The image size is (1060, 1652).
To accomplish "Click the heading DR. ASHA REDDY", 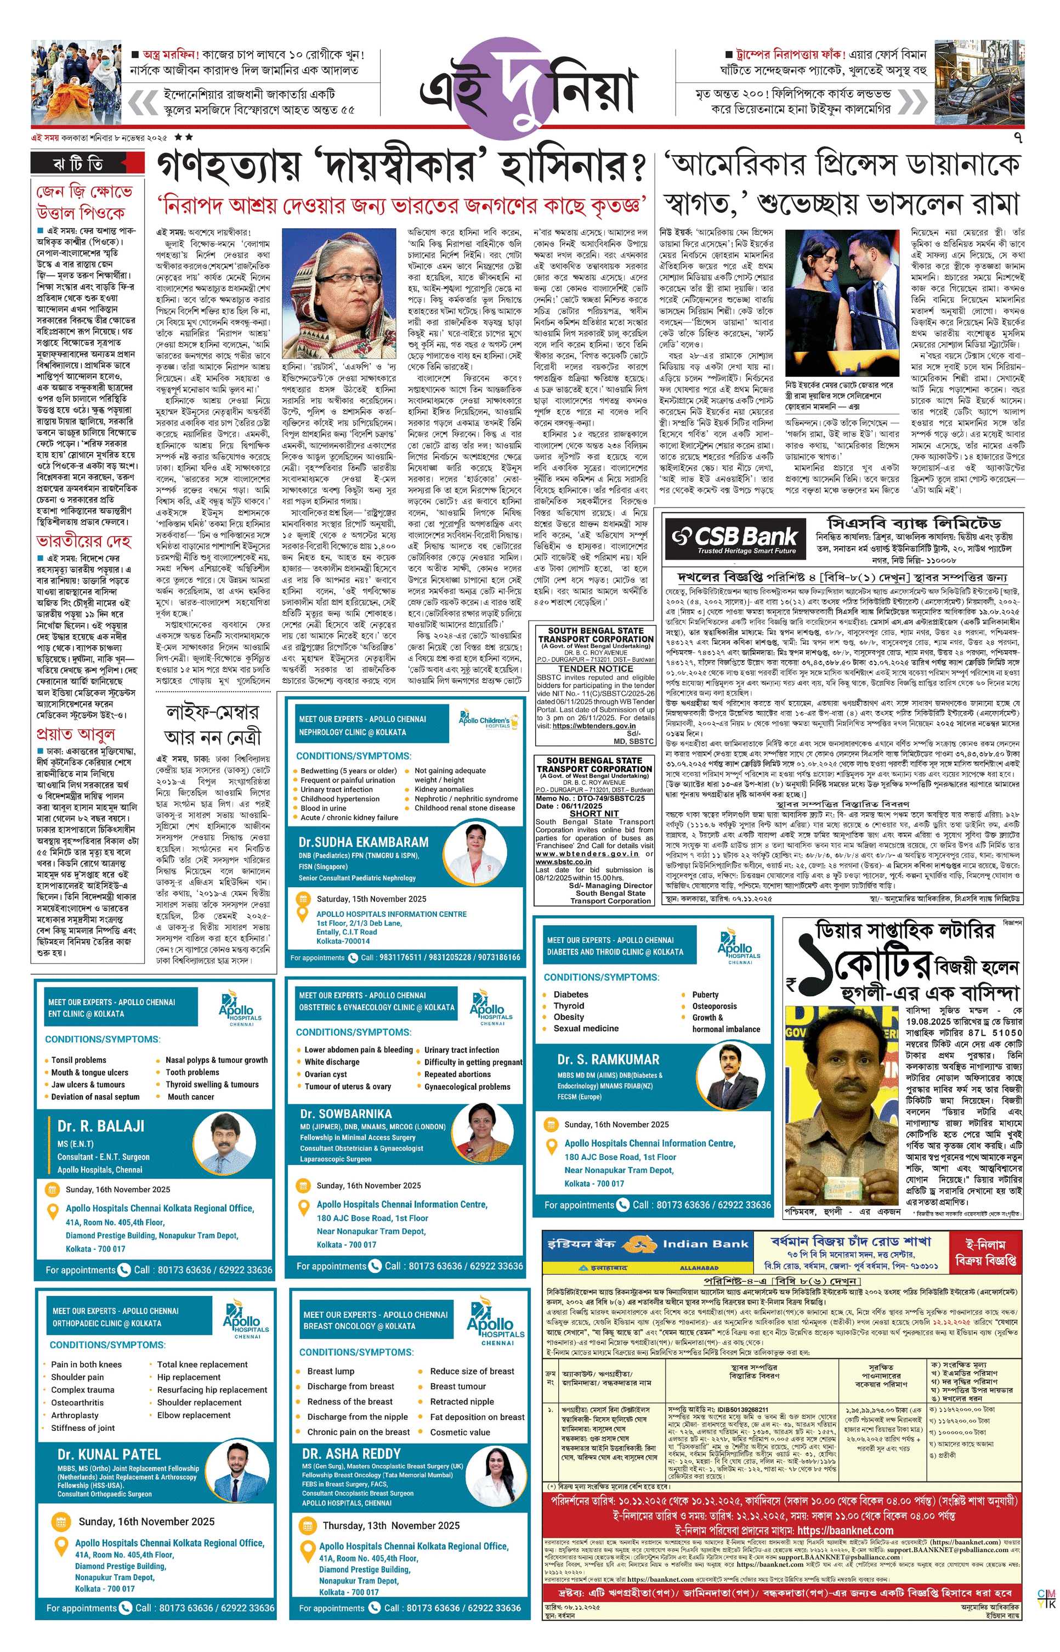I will tap(351, 1454).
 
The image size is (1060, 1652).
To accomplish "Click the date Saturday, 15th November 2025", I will tap(371, 899).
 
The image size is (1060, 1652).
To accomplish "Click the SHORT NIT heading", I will tap(594, 813).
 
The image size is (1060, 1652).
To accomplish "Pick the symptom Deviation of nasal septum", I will tap(95, 1096).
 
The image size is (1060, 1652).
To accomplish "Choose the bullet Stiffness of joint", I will tap(83, 1428).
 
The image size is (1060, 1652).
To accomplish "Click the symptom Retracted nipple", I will tap(462, 1401).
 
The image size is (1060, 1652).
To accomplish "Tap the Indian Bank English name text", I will tap(705, 1244).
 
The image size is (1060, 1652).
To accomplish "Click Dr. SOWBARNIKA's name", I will tap(345, 1114).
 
